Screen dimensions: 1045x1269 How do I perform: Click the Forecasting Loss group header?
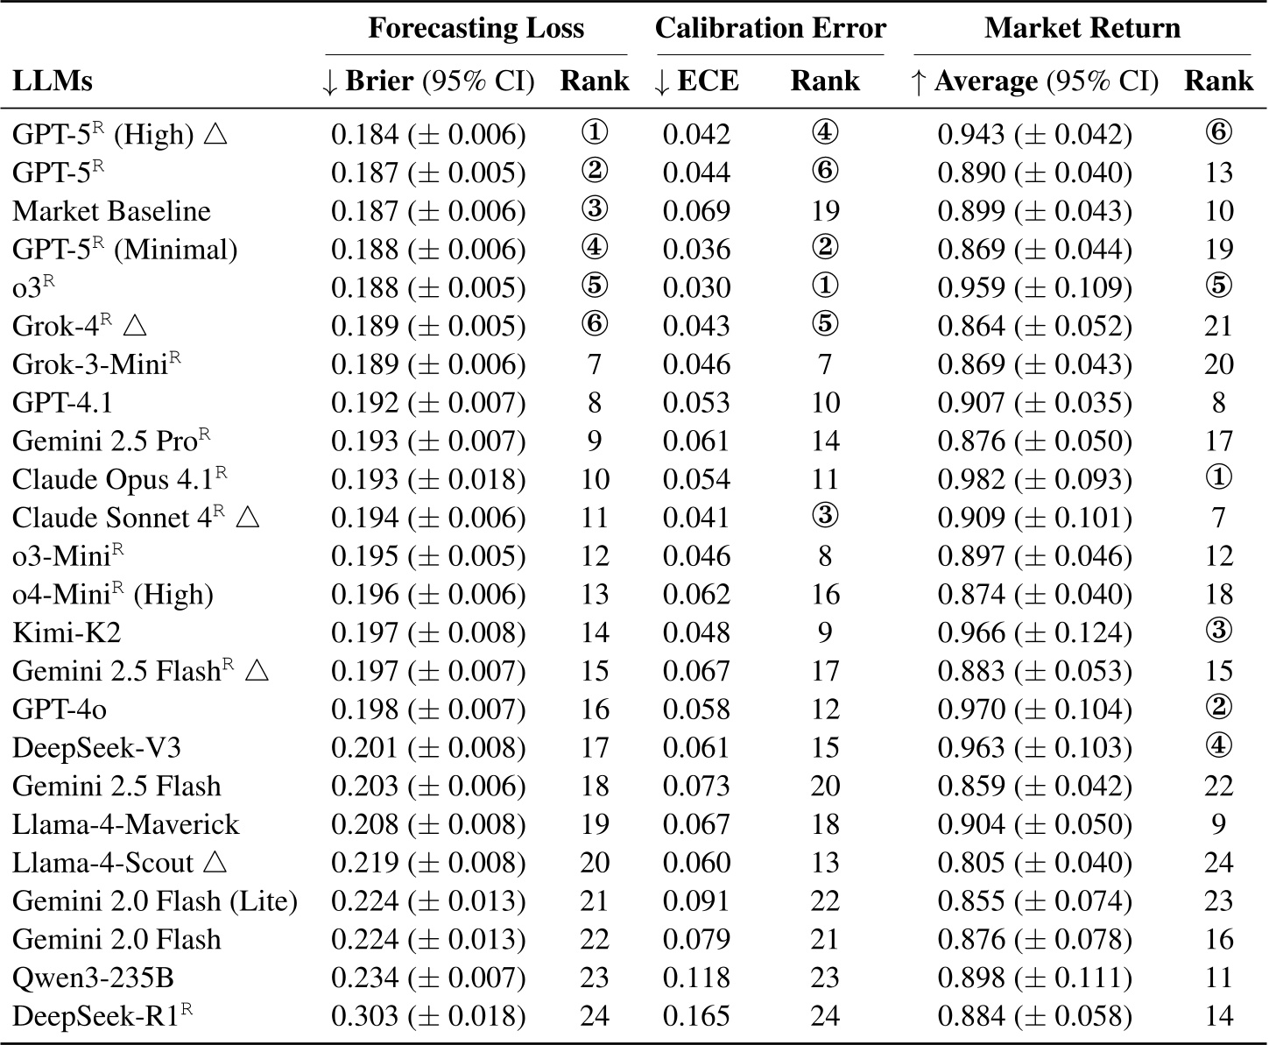click(476, 28)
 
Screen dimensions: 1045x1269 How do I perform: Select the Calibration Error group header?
click(770, 28)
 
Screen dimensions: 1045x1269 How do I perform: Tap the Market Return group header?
click(1082, 28)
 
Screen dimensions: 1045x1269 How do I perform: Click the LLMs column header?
click(53, 81)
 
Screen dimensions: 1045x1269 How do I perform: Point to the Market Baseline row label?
click(111, 211)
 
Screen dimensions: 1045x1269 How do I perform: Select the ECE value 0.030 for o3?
click(696, 287)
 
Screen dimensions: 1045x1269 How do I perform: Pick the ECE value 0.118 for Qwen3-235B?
click(696, 978)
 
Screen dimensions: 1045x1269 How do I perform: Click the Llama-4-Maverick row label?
click(125, 824)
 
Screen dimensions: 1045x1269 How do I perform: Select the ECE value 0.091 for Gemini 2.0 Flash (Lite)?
click(696, 900)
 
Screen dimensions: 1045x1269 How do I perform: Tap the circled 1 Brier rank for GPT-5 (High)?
click(595, 133)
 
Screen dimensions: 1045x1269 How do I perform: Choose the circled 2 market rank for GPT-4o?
click(1219, 709)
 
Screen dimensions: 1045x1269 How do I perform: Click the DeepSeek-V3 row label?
click(96, 747)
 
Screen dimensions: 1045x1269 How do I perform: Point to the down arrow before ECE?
click(662, 81)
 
